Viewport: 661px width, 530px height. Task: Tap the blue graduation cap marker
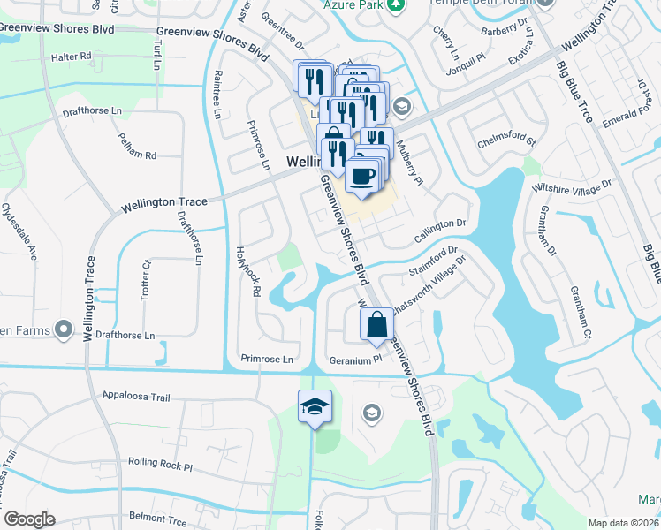315,407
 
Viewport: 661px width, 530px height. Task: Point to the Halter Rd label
72,56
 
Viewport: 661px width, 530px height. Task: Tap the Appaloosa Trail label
135,397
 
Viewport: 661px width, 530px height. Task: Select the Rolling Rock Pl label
160,462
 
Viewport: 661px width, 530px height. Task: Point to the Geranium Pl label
354,360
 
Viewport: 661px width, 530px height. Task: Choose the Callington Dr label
440,231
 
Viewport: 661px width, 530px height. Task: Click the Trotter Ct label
147,280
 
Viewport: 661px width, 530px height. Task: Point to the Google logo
29,519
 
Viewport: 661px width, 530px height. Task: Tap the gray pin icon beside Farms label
63,329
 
